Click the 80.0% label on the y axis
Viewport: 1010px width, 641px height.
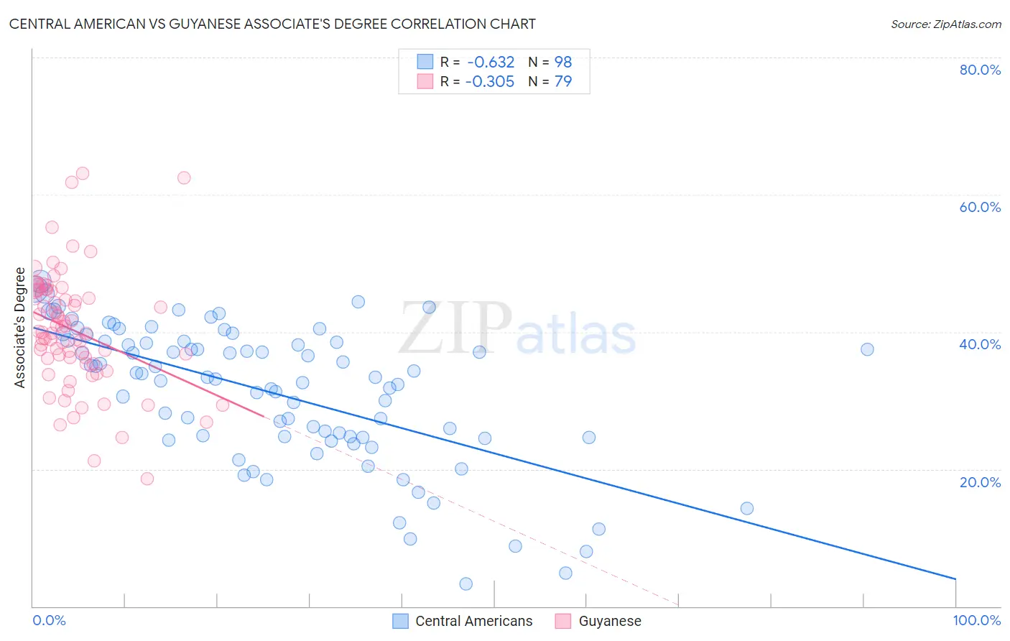coord(980,70)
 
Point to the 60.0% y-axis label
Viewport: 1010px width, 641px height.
coord(980,207)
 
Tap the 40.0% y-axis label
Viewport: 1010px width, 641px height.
coord(980,344)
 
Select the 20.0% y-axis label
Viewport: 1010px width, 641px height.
coord(980,482)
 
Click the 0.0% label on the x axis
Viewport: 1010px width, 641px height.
coord(49,620)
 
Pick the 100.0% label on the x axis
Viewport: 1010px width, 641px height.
coord(976,620)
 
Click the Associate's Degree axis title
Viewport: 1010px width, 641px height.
coord(20,328)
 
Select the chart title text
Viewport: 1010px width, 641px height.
coord(272,24)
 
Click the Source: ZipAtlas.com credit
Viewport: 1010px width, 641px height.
coord(945,24)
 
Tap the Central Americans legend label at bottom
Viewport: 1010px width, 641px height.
coord(473,621)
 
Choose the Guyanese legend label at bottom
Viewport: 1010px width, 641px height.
coord(610,621)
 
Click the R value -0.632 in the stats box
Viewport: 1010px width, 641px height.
coord(491,62)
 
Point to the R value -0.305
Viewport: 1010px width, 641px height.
coord(490,81)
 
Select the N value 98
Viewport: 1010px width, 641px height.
coord(563,62)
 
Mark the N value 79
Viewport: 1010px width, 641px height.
coord(563,81)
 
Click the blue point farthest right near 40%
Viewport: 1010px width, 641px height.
coord(867,349)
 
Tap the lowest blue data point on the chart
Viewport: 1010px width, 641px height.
coord(465,584)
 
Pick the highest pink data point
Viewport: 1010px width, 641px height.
coord(83,173)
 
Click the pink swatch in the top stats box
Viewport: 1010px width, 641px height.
coord(425,81)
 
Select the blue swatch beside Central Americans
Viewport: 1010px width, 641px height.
coord(400,621)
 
